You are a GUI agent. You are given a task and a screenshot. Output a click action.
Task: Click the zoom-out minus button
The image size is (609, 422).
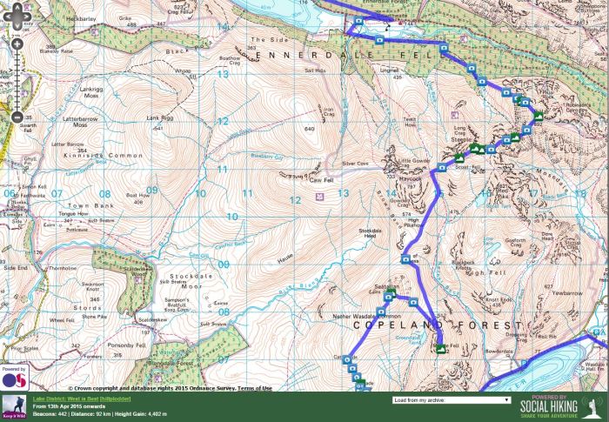point(16,117)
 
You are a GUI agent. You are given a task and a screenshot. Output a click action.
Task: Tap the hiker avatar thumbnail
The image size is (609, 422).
point(15,405)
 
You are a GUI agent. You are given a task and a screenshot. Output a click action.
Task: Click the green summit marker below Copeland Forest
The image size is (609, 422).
point(440,349)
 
